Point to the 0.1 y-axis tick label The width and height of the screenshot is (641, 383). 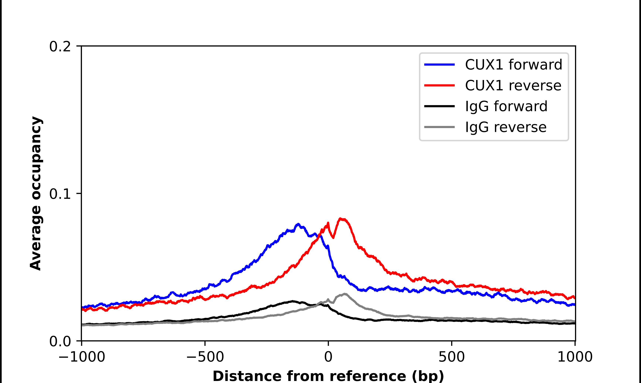(60, 194)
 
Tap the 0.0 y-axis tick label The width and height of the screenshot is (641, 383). (60, 341)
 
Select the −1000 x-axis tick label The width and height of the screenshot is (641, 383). (82, 357)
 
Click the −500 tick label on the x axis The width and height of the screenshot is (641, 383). (205, 357)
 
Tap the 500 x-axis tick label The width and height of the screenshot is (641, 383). (451, 357)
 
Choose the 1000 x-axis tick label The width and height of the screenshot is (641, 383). (575, 357)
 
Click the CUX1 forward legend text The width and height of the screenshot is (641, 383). (513, 65)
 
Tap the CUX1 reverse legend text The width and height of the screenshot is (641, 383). (513, 85)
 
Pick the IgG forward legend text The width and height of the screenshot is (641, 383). (506, 106)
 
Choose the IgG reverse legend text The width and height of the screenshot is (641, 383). (506, 127)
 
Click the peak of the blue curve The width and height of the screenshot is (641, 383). (298, 224)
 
